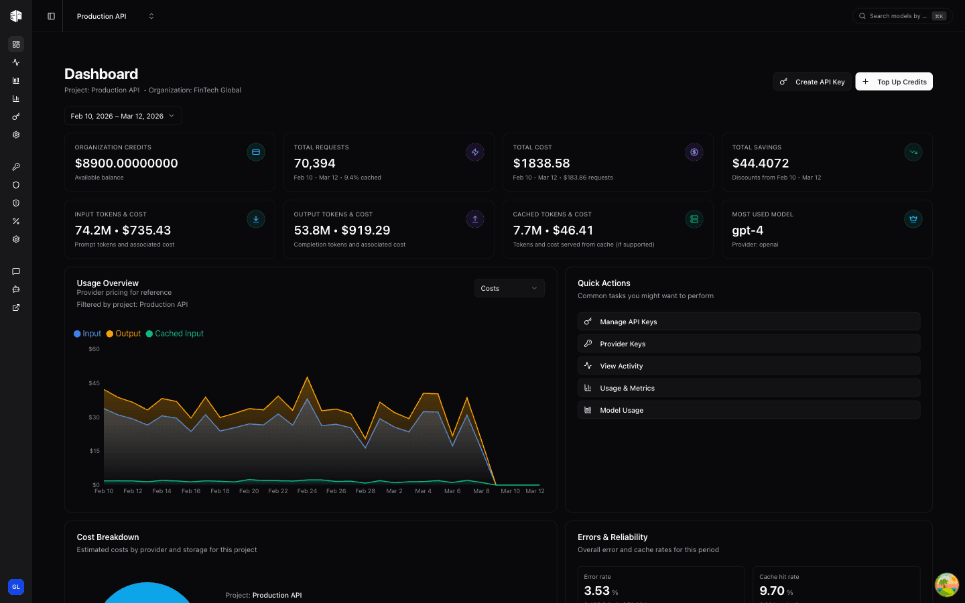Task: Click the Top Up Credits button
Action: point(894,82)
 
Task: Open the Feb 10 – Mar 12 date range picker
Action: point(123,116)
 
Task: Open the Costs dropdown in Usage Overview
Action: point(509,288)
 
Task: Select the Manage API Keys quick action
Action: point(749,322)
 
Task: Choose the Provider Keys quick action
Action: point(749,344)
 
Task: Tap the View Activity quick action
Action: point(749,366)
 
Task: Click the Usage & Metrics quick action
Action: point(749,388)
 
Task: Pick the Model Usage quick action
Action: point(749,410)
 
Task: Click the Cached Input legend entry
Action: point(178,334)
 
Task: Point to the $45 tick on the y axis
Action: point(94,383)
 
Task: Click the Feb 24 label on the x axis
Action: point(307,491)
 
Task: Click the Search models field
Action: point(898,16)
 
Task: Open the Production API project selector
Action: point(115,16)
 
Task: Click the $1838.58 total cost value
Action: point(541,163)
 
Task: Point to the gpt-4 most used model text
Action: point(747,230)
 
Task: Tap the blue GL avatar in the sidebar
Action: point(16,587)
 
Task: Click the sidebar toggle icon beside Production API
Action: point(51,16)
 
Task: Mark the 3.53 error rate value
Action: point(596,591)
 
